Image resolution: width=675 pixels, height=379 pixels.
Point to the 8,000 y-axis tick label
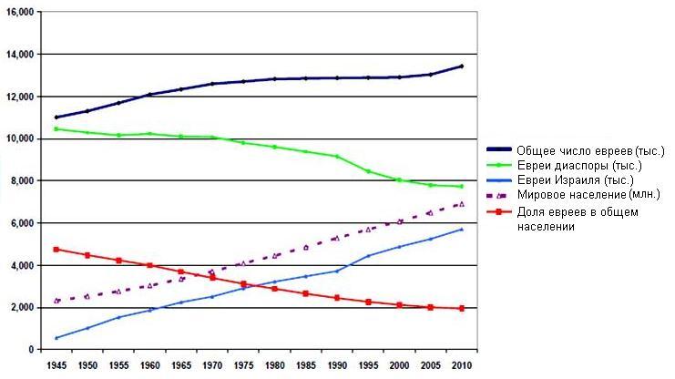[x=20, y=181]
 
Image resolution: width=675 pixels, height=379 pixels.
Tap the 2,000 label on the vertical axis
[x=20, y=308]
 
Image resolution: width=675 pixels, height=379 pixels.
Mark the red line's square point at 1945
[x=56, y=249]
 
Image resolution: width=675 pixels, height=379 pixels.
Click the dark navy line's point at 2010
[x=462, y=67]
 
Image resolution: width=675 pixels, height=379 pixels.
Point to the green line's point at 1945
[x=56, y=129]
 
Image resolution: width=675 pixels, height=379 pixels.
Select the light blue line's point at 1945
[x=56, y=338]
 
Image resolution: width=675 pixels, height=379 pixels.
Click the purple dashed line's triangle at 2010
[x=462, y=204]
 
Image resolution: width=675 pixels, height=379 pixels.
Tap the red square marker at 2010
[x=462, y=309]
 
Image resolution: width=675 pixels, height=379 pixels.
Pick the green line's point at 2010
[x=462, y=187]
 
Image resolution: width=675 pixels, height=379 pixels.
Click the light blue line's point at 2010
[x=462, y=230]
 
